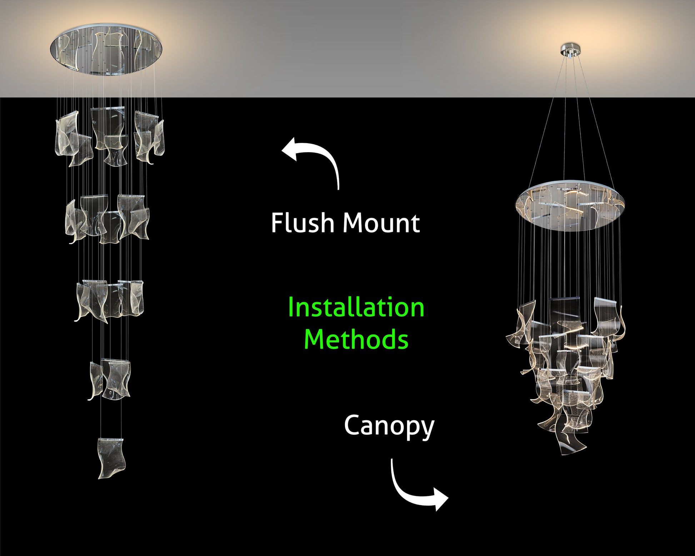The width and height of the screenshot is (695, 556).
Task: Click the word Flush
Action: point(302,223)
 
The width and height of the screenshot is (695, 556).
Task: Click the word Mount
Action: point(381,224)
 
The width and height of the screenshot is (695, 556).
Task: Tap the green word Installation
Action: point(356,307)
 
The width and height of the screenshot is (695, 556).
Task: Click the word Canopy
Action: point(389,426)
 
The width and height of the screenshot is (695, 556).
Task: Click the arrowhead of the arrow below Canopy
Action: point(440,499)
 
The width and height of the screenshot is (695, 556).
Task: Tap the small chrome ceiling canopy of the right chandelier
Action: point(571,50)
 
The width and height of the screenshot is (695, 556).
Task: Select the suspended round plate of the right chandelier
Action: point(570,209)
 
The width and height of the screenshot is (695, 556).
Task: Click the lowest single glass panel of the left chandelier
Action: point(111,458)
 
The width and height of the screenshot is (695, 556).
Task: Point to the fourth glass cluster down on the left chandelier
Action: point(110,379)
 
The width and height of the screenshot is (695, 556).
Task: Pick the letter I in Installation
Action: point(290,307)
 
